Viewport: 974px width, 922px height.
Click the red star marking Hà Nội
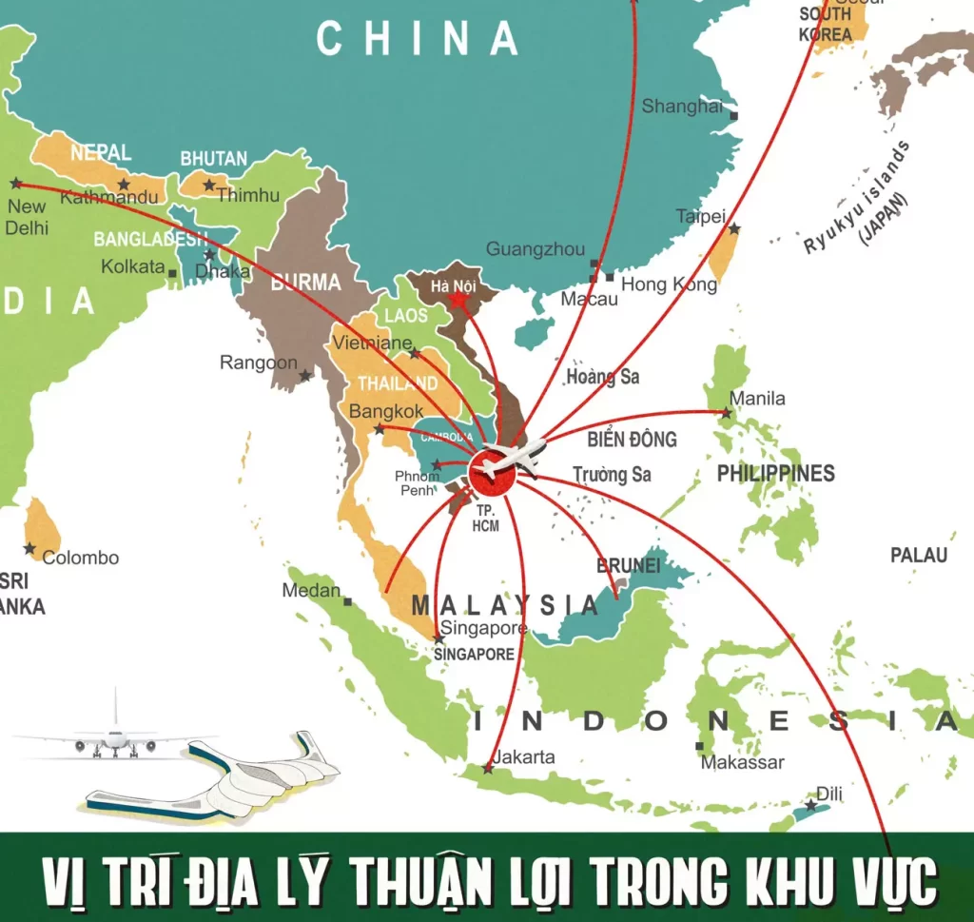click(x=458, y=300)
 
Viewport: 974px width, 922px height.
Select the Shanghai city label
click(x=682, y=107)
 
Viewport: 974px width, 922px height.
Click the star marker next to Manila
click(x=727, y=413)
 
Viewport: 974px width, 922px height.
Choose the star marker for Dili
click(x=810, y=805)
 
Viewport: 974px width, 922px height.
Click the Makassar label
click(x=742, y=762)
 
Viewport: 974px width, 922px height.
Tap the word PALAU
click(x=919, y=555)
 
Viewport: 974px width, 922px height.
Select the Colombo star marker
click(x=29, y=549)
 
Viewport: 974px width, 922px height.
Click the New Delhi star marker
click(x=16, y=183)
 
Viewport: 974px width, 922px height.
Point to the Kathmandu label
click(x=109, y=198)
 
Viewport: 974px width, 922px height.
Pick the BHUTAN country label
click(x=214, y=159)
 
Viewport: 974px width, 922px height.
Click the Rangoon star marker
click(x=304, y=376)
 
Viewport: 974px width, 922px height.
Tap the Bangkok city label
click(x=386, y=412)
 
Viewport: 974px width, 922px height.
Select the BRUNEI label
click(x=628, y=565)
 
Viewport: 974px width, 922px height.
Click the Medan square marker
click(x=348, y=601)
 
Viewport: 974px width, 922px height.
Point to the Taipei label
click(x=700, y=217)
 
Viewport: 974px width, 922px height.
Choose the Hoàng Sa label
click(x=603, y=377)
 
